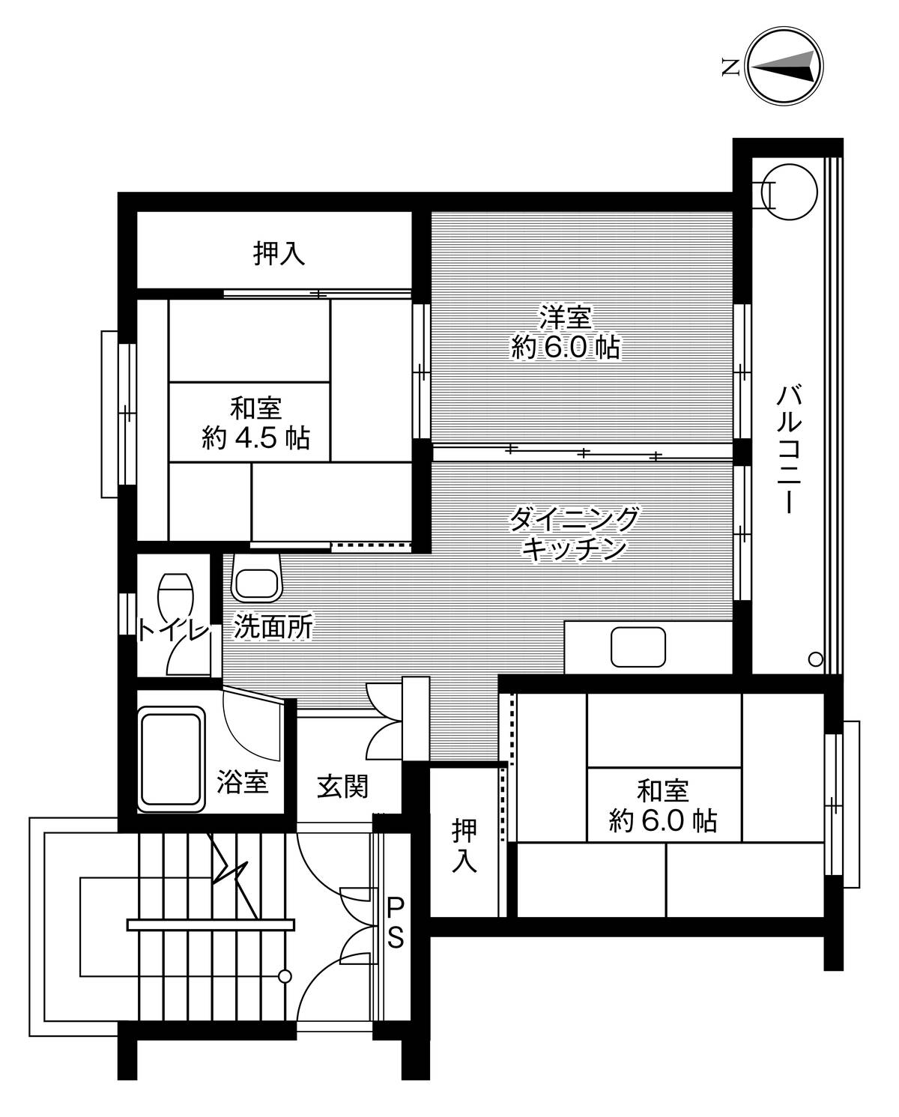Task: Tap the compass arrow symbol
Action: (x=784, y=67)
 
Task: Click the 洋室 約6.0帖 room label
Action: (x=566, y=332)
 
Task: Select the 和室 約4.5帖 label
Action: (x=255, y=423)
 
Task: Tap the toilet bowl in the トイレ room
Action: (x=175, y=597)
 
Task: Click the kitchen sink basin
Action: (x=638, y=647)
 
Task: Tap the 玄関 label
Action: (x=342, y=786)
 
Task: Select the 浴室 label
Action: (x=243, y=781)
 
